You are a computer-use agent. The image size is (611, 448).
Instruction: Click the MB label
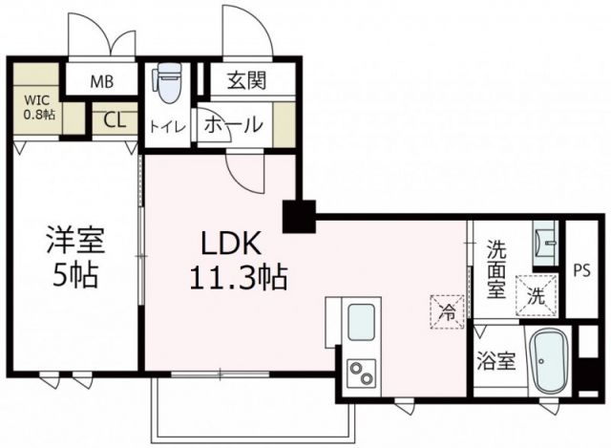click(102, 81)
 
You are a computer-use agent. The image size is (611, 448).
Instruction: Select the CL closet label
click(114, 120)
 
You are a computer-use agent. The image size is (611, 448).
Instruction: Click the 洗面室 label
click(495, 268)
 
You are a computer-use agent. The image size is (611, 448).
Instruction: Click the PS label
click(581, 270)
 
